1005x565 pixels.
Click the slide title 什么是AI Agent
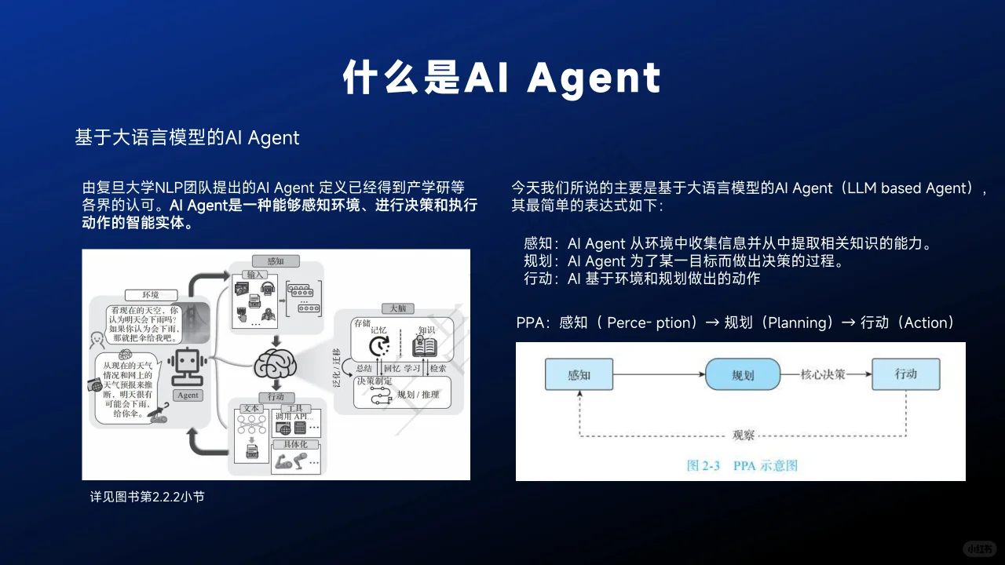[502, 78]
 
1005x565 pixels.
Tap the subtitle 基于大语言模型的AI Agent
[187, 137]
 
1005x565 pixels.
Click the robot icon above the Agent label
[188, 366]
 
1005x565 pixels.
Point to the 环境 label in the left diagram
[150, 294]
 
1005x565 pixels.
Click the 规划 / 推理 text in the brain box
[418, 395]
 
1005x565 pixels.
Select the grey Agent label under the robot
[188, 395]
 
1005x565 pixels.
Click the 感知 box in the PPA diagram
[579, 374]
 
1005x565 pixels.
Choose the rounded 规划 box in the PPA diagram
[743, 374]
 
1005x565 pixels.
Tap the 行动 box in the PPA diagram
[905, 374]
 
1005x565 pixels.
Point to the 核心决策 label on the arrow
[823, 374]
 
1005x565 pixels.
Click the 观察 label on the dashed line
[744, 435]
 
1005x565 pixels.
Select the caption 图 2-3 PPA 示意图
[742, 465]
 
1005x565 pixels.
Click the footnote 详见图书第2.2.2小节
[148, 497]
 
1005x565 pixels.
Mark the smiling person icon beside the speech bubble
[97, 340]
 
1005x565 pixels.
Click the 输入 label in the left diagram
[255, 275]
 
